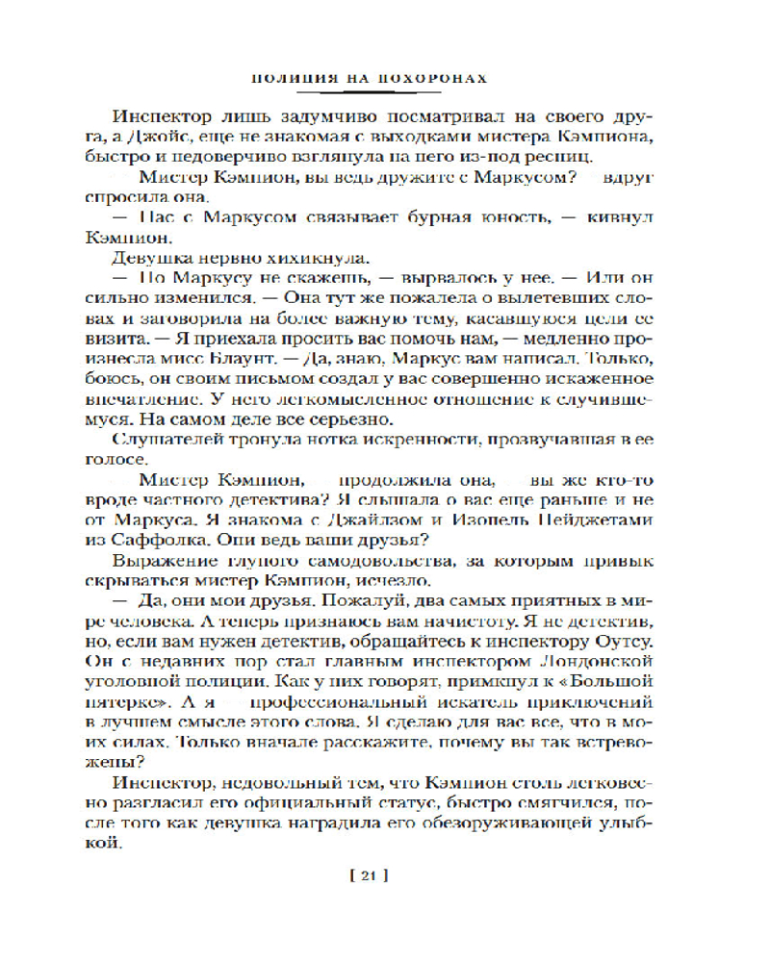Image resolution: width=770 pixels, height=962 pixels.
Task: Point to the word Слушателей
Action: pyautogui.click(x=161, y=443)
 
